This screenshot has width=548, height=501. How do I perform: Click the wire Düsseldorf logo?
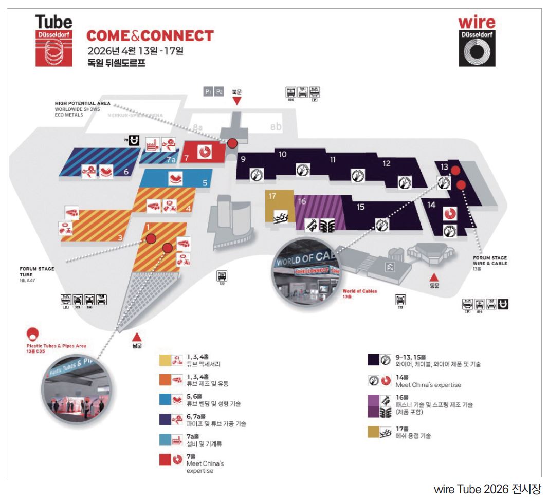click(x=477, y=41)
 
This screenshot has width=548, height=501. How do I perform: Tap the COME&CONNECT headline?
click(x=150, y=36)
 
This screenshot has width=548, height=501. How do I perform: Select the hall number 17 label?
click(x=272, y=196)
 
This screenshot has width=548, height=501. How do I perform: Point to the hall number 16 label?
click(x=302, y=201)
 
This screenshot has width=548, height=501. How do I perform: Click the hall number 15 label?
click(x=360, y=207)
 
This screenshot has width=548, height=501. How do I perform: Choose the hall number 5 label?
click(x=205, y=182)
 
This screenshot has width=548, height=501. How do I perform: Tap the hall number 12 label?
click(x=387, y=163)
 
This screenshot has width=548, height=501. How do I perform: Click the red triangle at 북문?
click(x=236, y=101)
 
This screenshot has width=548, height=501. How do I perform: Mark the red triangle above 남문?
click(x=137, y=337)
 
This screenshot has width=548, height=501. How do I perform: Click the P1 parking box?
click(x=208, y=91)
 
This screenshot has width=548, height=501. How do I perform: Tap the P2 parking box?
click(x=220, y=91)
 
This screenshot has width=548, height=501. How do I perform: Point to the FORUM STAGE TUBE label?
click(x=37, y=271)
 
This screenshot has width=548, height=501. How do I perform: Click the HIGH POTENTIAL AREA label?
click(x=82, y=103)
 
